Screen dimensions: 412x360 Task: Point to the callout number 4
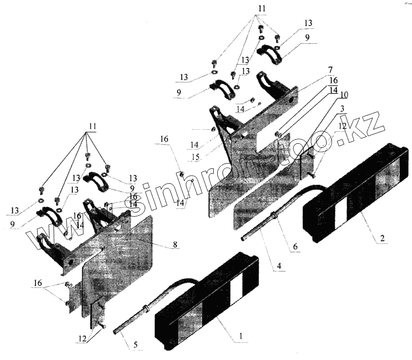[279, 266]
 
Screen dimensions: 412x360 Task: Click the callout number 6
[295, 247]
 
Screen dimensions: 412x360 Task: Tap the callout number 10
[344, 95]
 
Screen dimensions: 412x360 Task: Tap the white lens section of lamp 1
[235, 290]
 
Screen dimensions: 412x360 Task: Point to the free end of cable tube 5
[113, 332]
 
